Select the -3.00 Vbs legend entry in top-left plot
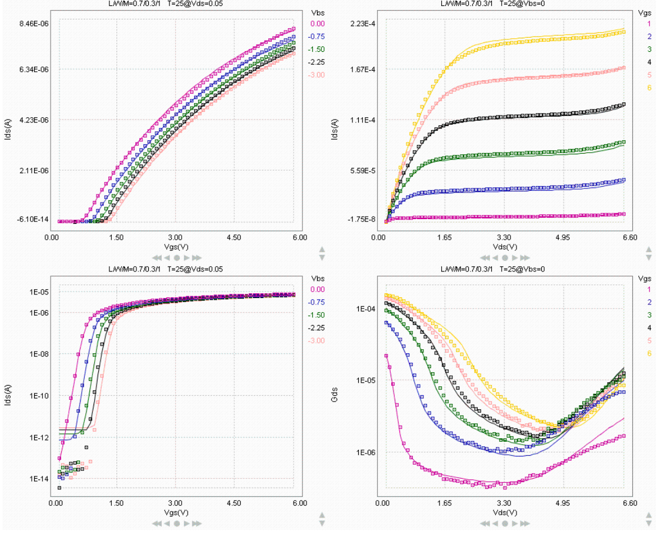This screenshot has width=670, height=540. point(318,75)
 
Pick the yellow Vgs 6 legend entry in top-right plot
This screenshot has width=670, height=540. point(649,88)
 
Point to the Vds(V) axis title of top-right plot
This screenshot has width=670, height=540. point(505,247)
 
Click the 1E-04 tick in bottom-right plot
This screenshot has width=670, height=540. point(367,309)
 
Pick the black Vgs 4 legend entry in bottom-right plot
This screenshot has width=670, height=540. point(649,327)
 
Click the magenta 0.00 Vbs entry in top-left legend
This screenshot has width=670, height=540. point(318,24)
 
